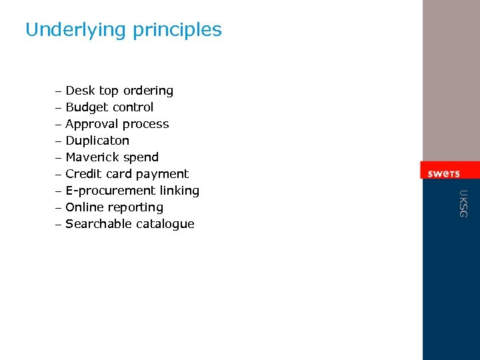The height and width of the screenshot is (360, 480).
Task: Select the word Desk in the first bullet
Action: [x=80, y=91]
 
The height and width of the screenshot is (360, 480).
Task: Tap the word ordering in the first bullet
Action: [x=148, y=91]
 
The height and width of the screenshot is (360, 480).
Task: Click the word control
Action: [x=133, y=107]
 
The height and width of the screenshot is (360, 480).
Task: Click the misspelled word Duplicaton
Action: [x=97, y=141]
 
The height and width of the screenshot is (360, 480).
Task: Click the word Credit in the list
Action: [x=83, y=174]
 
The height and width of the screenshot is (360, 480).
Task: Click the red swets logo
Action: [x=443, y=173]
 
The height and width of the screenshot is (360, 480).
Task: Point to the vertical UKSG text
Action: [x=464, y=203]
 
